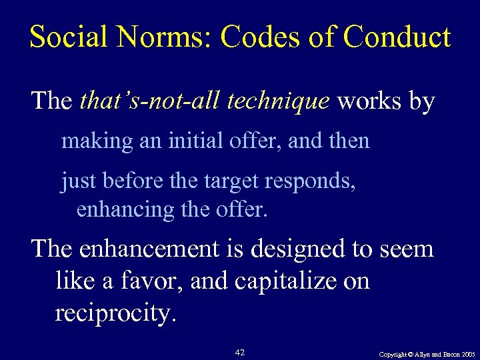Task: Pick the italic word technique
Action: coord(277,101)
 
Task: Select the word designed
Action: coord(298,250)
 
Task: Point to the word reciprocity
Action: coord(115,313)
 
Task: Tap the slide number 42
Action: coord(241,351)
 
